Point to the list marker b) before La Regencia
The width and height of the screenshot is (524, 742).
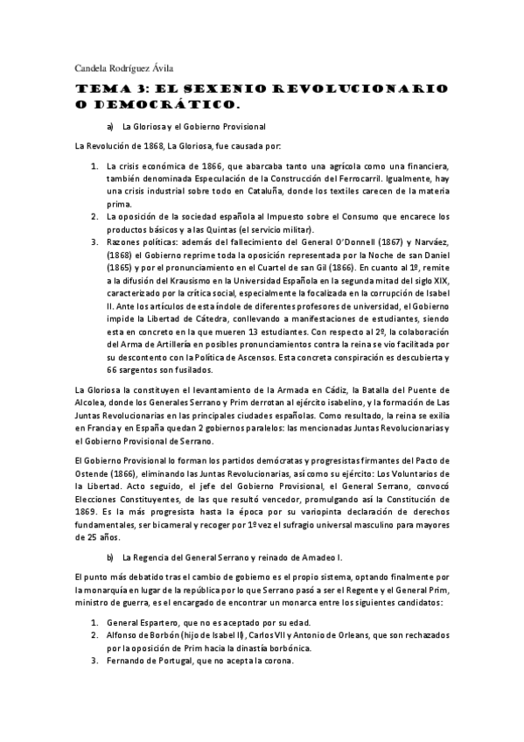[x=110, y=556]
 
